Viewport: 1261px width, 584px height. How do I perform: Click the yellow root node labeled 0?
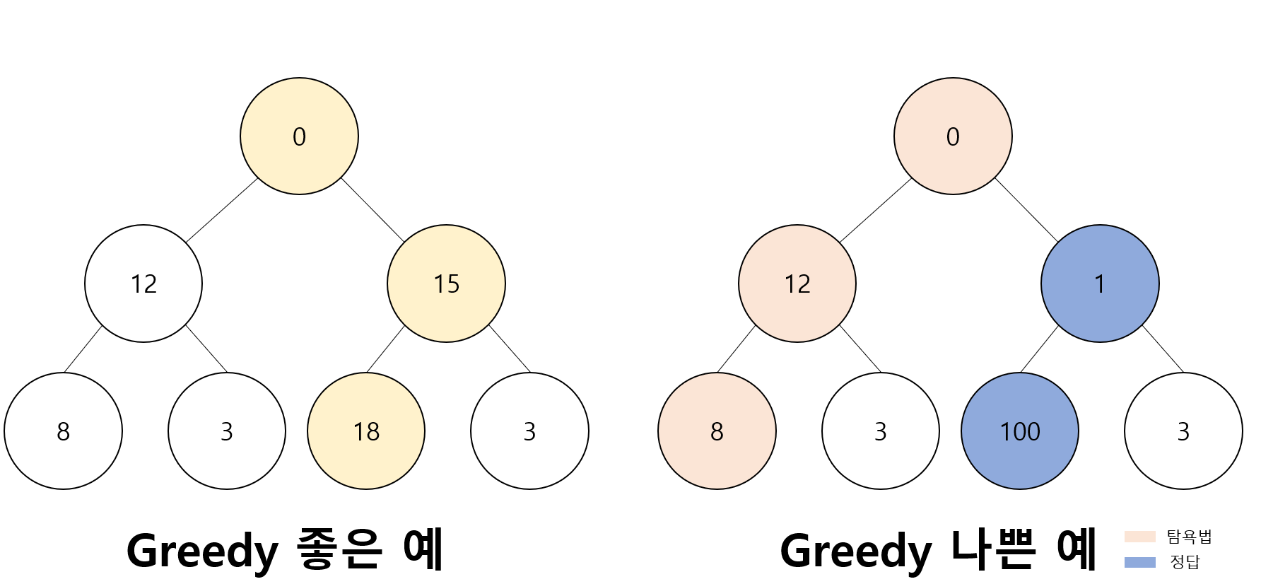pyautogui.click(x=299, y=136)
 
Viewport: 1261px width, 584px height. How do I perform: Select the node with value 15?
pyautogui.click(x=446, y=284)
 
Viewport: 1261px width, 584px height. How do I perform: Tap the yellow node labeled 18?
pyautogui.click(x=366, y=431)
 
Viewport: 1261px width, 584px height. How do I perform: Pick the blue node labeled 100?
pyautogui.click(x=1020, y=431)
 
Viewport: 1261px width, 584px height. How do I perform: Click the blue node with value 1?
pyautogui.click(x=1100, y=284)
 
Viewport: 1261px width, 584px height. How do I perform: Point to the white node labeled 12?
pyautogui.click(x=143, y=284)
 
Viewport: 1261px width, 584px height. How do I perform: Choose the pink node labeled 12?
pyautogui.click(x=797, y=284)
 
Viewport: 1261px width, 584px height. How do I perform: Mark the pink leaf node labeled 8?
pyautogui.click(x=717, y=431)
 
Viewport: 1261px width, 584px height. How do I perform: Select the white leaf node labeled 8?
pyautogui.click(x=63, y=431)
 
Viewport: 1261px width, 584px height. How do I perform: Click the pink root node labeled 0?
pyautogui.click(x=953, y=136)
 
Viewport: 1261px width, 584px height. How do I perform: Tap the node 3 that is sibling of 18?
pyautogui.click(x=529, y=431)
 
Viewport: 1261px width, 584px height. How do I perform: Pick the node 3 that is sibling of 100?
pyautogui.click(x=1183, y=431)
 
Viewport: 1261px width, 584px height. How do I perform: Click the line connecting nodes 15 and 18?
pyautogui.click(x=386, y=349)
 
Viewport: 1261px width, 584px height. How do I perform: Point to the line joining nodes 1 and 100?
pyautogui.click(x=1040, y=349)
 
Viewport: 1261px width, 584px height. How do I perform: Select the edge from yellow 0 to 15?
pyautogui.click(x=373, y=210)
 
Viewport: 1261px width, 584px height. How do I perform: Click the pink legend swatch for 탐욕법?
pyautogui.click(x=1139, y=537)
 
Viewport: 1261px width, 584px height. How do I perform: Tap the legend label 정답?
pyautogui.click(x=1185, y=562)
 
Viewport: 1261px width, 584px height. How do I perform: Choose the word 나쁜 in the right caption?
pyautogui.click(x=994, y=549)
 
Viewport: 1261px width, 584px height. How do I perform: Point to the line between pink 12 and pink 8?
pyautogui.click(x=737, y=349)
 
